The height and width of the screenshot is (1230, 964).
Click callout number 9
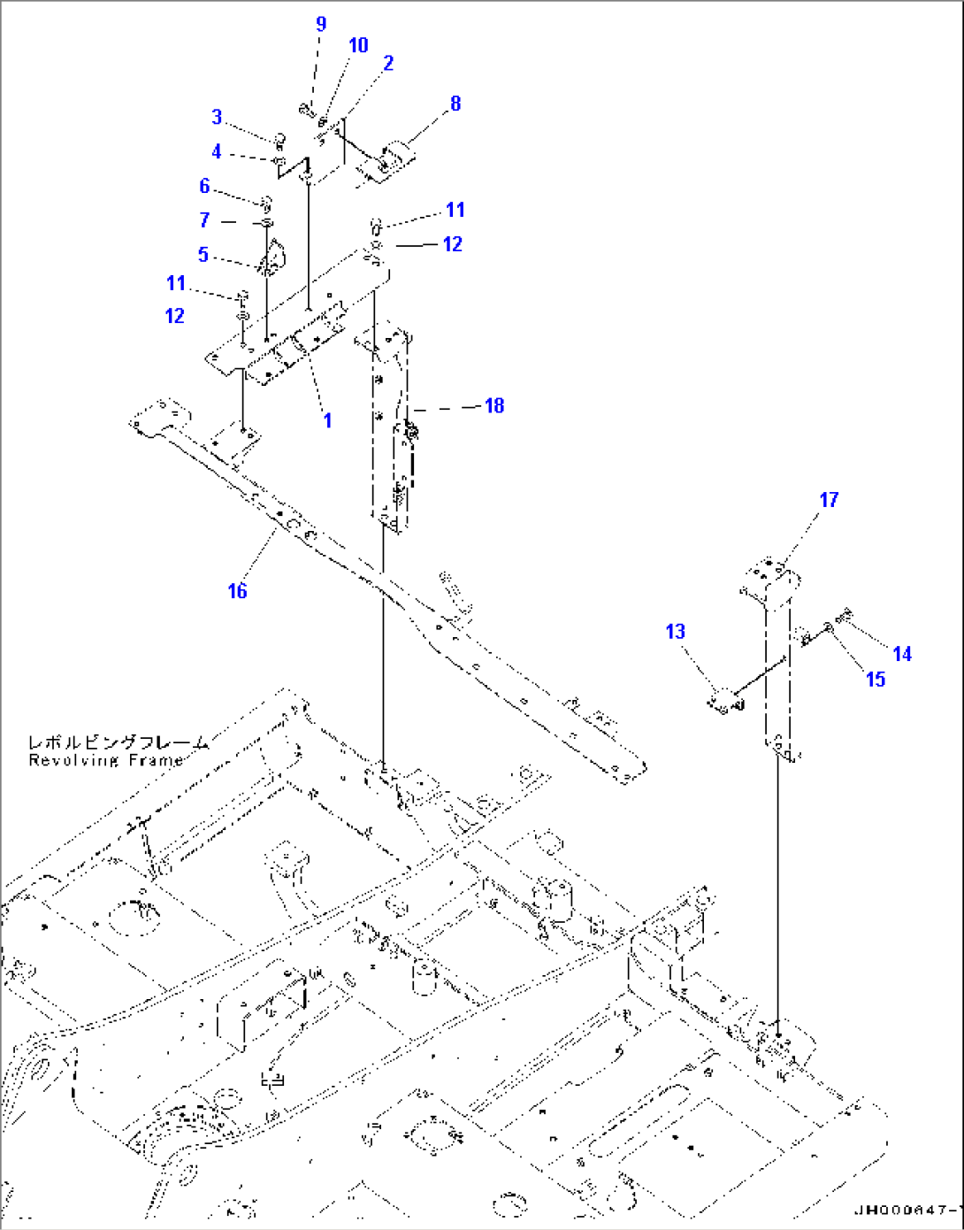pos(321,25)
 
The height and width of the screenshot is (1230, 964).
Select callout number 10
pos(358,45)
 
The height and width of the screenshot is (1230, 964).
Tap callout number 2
pos(387,63)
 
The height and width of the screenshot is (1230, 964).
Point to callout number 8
pos(455,104)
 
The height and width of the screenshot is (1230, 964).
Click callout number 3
pos(217,117)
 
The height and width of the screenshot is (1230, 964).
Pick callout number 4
pos(217,152)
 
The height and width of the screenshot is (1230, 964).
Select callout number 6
pos(204,186)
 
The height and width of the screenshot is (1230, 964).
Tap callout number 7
pos(204,220)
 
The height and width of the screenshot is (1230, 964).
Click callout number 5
pos(203,255)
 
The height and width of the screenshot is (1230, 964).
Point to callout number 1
pos(327,419)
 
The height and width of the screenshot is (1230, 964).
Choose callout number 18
pos(494,405)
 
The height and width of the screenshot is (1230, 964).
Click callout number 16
pos(237,591)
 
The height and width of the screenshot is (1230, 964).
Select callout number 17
pos(829,500)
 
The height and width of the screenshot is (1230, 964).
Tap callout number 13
pos(675,632)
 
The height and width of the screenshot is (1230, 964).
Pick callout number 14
pos(902,654)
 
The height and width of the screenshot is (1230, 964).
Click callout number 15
pos(876,679)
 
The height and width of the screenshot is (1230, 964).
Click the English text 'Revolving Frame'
pos(106,761)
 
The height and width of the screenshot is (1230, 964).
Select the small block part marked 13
pos(724,703)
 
